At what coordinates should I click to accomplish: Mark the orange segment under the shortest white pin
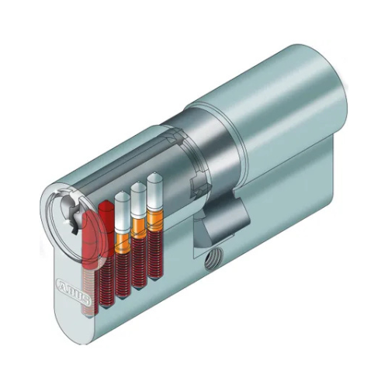point(122,243)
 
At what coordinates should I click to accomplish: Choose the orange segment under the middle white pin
point(139,230)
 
